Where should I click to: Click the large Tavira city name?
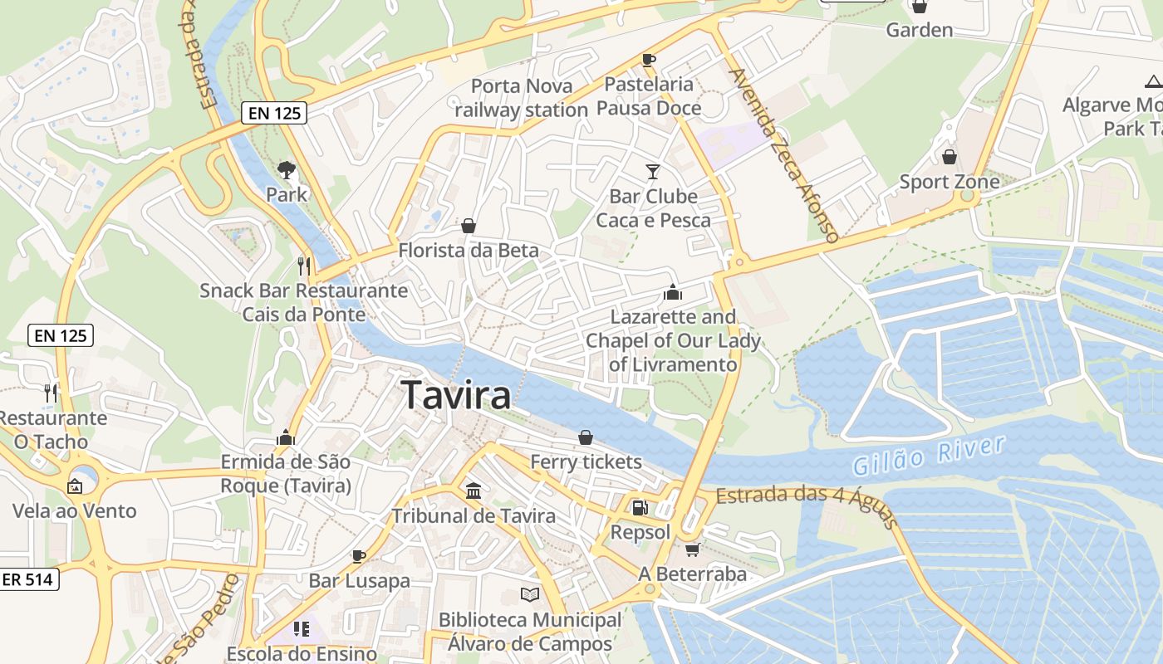click(x=456, y=395)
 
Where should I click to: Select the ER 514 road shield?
click(x=28, y=579)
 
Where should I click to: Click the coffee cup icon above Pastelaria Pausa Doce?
click(x=649, y=60)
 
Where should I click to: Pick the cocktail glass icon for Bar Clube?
click(x=653, y=172)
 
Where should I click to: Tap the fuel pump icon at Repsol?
click(x=640, y=507)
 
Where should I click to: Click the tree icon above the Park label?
click(x=287, y=170)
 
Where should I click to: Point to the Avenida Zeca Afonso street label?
click(x=783, y=154)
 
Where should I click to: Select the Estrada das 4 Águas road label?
click(x=806, y=503)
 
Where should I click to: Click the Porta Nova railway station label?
click(x=521, y=98)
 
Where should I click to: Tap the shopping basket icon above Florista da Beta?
click(x=469, y=226)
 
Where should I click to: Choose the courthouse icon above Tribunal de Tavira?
click(x=474, y=491)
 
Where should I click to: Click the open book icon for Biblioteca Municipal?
click(x=530, y=594)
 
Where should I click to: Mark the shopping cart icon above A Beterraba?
click(x=692, y=549)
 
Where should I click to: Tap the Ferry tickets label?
click(x=586, y=461)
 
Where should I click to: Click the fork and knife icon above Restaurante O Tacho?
click(x=52, y=393)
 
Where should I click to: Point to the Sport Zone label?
click(x=950, y=182)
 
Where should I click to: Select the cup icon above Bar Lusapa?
click(x=359, y=556)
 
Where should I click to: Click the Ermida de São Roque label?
click(x=286, y=473)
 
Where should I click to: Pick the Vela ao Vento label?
click(x=74, y=510)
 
